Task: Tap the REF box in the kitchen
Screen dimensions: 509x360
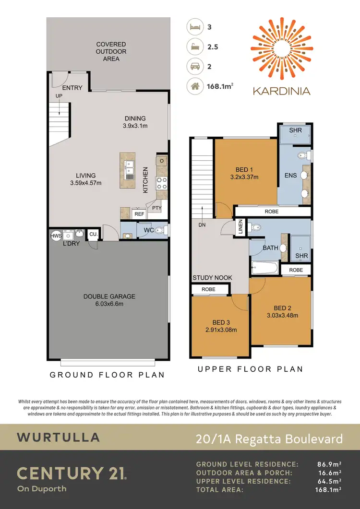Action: point(139,214)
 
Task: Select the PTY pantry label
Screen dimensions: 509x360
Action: point(156,208)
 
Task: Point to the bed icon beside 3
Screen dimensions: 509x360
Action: point(195,27)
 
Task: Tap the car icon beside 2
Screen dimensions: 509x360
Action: point(195,67)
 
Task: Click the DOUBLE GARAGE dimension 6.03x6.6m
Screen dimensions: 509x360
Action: point(109,304)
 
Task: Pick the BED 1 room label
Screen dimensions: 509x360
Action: point(244,170)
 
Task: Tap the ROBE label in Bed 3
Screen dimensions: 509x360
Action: point(208,289)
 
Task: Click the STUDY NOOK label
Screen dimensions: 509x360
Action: point(212,278)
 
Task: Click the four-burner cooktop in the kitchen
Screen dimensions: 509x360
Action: point(160,183)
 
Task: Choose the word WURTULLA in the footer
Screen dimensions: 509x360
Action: point(59,437)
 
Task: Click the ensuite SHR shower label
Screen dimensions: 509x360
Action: point(295,130)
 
